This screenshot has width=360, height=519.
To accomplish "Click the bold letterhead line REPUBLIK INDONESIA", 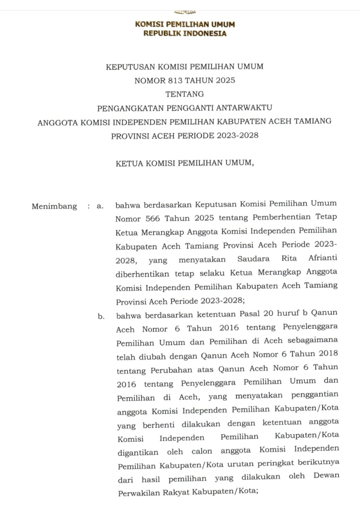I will (x=185, y=34).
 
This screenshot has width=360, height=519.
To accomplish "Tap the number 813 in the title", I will (x=175, y=80).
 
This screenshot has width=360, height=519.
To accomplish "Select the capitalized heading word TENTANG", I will (x=185, y=94).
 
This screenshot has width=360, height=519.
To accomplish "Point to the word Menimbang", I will (x=54, y=206).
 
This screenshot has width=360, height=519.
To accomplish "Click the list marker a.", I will (x=100, y=206).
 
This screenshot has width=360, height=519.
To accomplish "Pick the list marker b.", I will (x=101, y=317).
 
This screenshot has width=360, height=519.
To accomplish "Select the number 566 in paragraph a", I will (x=153, y=218).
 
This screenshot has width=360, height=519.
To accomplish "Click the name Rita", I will (x=289, y=258).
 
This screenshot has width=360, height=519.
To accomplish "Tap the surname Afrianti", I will (x=323, y=258).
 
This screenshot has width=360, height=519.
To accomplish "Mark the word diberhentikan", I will (x=142, y=274).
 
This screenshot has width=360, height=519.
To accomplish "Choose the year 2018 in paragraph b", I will (x=329, y=353).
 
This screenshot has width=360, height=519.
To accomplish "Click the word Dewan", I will (x=326, y=476).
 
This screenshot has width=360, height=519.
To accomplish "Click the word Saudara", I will (x=253, y=259).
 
